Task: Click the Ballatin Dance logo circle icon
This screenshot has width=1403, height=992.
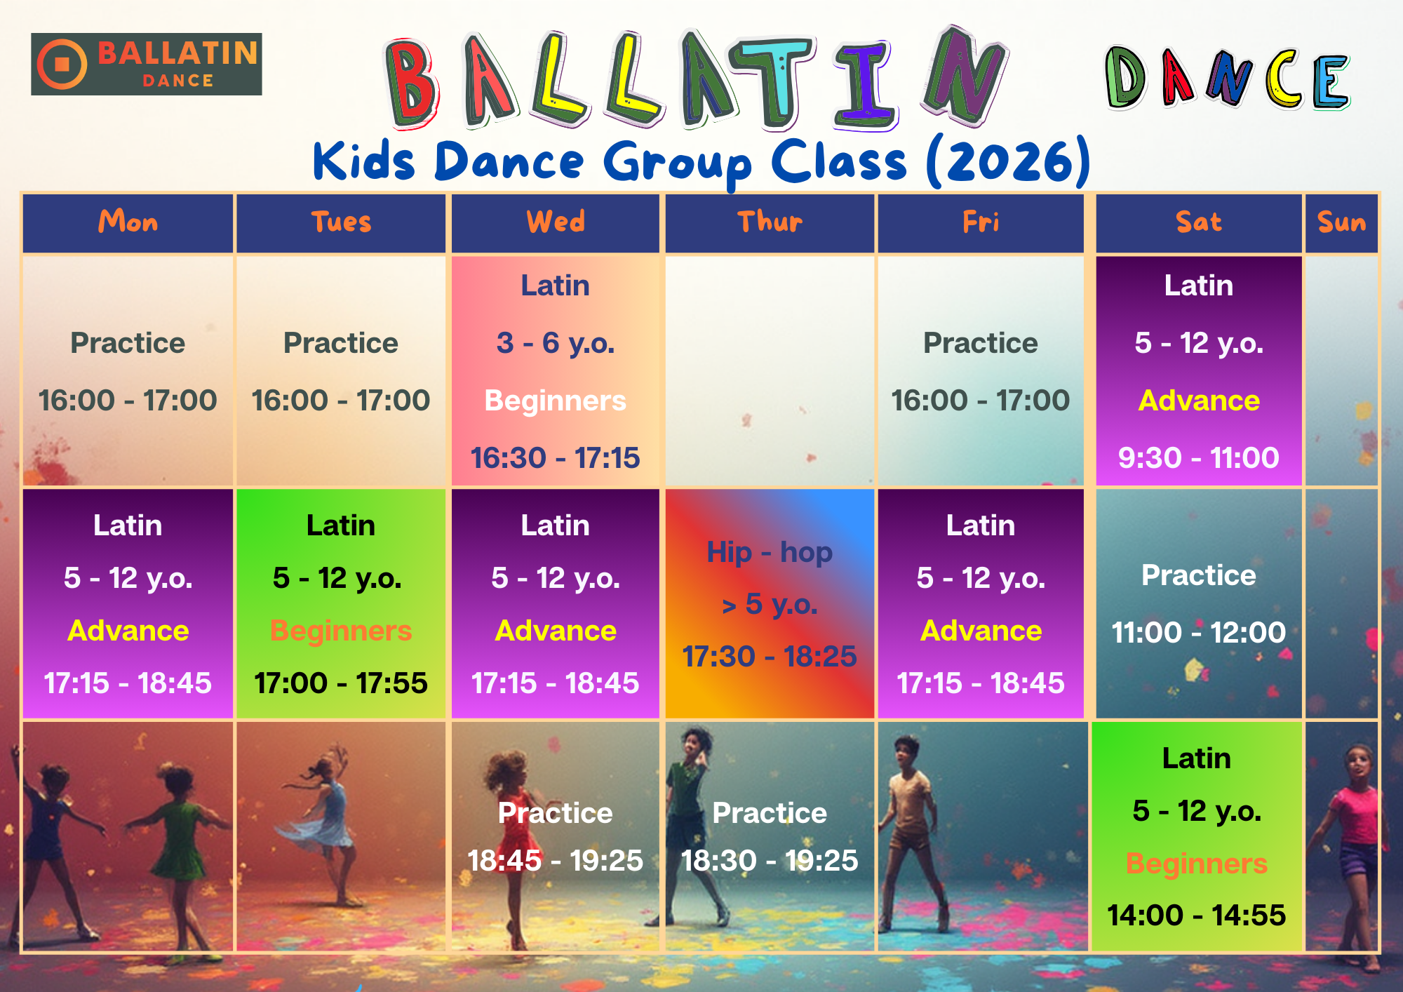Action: pos(62,65)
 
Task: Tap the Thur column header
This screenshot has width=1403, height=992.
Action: pos(770,222)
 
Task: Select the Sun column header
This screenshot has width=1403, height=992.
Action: pos(1341,222)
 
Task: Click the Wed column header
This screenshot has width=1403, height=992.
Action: pos(556,222)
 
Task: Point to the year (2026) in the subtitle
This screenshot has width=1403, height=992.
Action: pos(1008,161)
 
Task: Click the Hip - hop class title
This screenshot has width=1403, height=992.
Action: pos(770,552)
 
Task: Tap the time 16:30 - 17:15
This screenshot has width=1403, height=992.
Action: pos(556,458)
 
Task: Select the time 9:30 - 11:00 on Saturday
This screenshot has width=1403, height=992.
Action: pos(1198,458)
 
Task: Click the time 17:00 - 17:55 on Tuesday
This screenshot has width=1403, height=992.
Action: pos(341,683)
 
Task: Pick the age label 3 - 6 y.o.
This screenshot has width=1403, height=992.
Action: pos(556,343)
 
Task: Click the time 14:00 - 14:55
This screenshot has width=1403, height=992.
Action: pos(1196,916)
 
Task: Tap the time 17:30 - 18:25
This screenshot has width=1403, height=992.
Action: pos(770,657)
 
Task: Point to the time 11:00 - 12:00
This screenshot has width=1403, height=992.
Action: pos(1198,633)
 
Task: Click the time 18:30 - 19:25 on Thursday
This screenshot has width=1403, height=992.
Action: pos(770,861)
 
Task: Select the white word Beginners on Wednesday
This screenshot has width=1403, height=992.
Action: pos(556,401)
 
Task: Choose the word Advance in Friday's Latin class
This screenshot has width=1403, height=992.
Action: pos(981,631)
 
